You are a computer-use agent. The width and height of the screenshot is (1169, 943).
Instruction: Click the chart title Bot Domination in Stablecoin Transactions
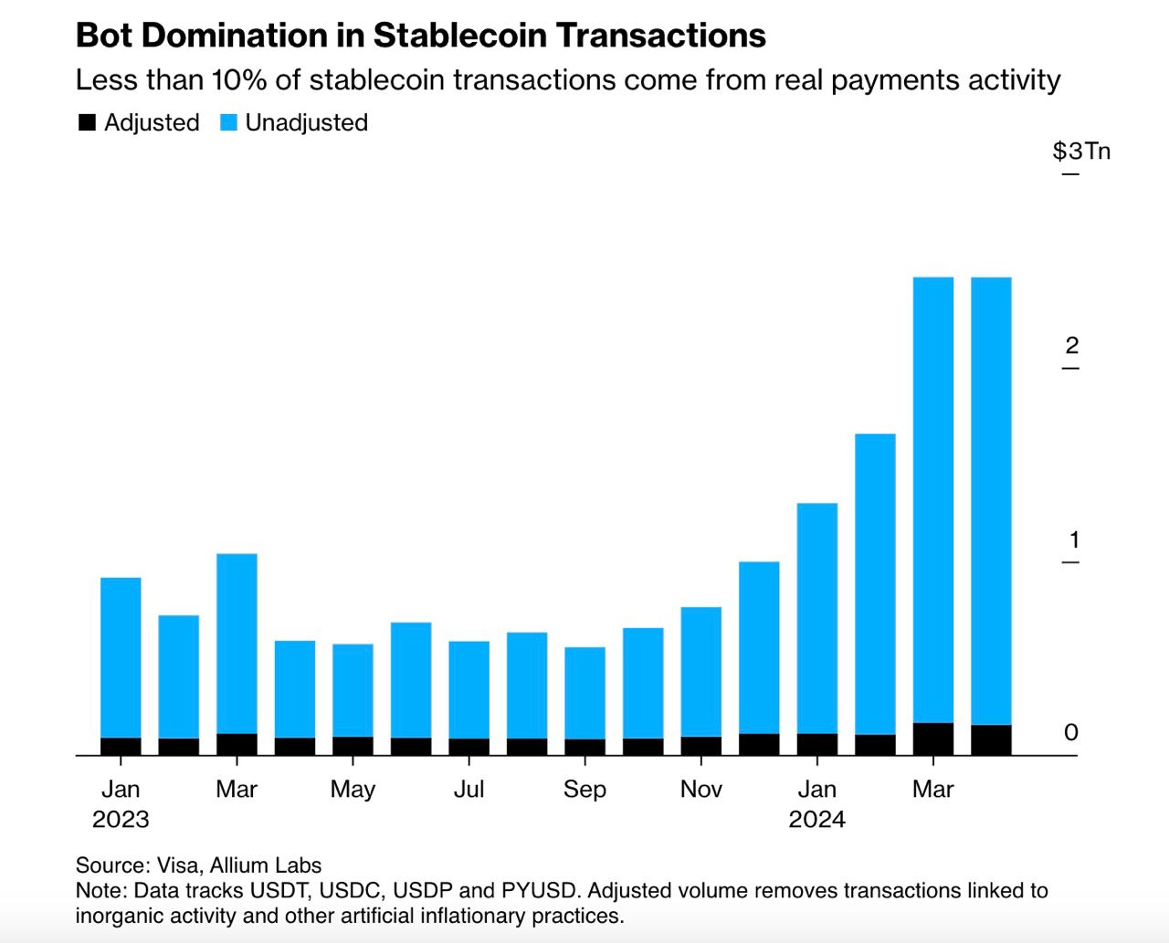tap(421, 36)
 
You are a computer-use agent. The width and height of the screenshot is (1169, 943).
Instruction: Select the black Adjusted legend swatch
tap(88, 122)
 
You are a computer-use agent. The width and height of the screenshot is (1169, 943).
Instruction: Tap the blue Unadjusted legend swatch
tap(229, 122)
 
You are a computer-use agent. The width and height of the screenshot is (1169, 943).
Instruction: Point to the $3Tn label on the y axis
tap(1081, 151)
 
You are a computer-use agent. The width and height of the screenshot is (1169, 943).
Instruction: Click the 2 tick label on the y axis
tap(1072, 345)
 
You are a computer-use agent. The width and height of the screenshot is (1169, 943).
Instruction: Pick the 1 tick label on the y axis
tap(1074, 540)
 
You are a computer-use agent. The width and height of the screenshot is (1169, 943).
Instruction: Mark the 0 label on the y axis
tap(1071, 732)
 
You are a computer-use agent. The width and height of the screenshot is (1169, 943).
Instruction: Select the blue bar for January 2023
tap(121, 657)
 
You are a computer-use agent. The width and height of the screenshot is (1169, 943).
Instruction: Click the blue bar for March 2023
tap(237, 644)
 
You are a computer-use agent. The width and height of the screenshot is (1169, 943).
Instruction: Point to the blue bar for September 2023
tap(584, 693)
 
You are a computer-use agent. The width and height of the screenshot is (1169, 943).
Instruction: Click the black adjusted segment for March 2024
tap(933, 739)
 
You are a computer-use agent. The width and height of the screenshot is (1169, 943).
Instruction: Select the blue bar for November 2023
tap(701, 671)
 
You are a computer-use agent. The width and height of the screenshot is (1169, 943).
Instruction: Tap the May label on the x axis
tap(353, 790)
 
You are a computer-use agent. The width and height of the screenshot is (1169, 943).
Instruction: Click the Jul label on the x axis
tap(469, 789)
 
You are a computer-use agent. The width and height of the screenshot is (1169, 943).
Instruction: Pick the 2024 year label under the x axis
tap(817, 819)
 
